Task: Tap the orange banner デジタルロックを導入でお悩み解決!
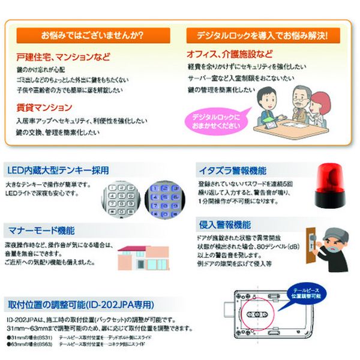tap(263, 35)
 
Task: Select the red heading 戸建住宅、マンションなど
tap(64, 58)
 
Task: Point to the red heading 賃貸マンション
tap(45, 107)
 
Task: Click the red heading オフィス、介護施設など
tap(230, 53)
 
